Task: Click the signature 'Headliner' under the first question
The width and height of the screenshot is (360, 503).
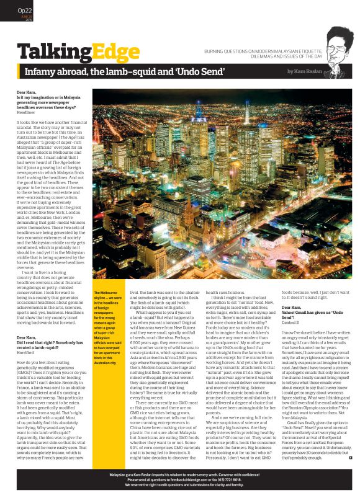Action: pos(26,112)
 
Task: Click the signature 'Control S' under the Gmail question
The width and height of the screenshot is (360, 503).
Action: pos(292,306)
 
